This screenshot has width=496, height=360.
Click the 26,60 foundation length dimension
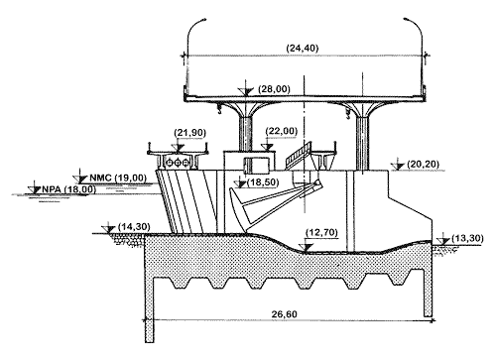pos(285,313)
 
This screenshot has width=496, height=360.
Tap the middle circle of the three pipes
pos(178,163)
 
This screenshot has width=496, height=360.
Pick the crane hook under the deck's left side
pos(219,109)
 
